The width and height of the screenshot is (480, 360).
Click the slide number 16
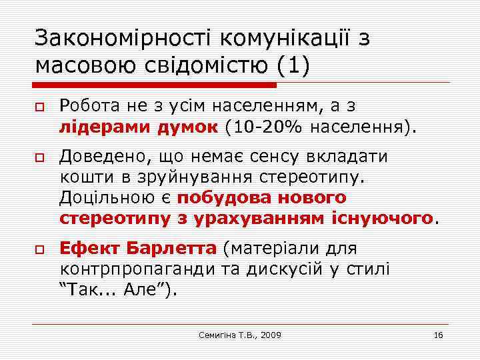click(x=438, y=335)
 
